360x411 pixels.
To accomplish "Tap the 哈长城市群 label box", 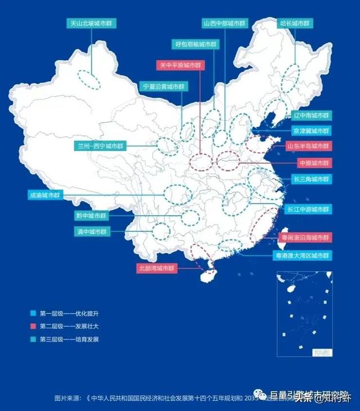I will point(294,24).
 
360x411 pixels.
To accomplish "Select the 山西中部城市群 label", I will point(224,24).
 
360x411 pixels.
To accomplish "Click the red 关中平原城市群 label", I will point(180,65).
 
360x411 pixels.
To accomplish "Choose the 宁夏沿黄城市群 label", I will point(163,87).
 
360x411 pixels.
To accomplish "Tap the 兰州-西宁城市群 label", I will point(101,146).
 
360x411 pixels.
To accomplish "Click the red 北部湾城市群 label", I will point(157,269).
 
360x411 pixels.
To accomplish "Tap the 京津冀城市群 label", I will point(310,131).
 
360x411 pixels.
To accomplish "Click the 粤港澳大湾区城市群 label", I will point(301,256).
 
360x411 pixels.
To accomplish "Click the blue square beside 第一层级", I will point(33,313).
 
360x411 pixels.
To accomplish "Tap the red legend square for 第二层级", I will point(33,327).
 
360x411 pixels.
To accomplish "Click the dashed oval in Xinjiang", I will point(89,80).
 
